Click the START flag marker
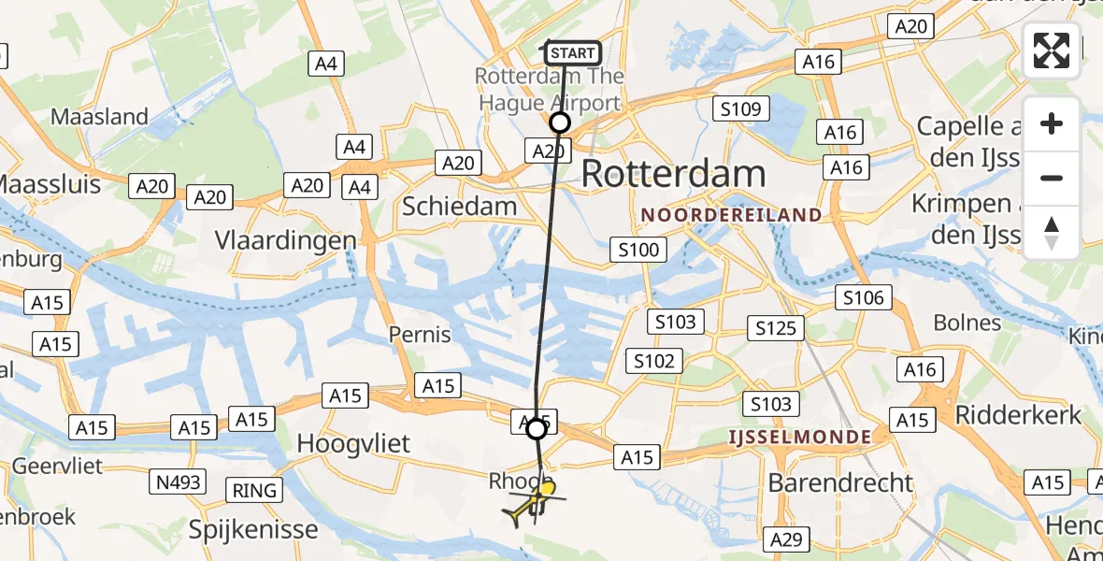point(570,53)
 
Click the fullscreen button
point(1052,50)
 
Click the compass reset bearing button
point(1052,233)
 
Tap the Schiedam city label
point(459,207)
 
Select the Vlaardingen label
point(286,240)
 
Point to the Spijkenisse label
point(253,529)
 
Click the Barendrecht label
point(840,482)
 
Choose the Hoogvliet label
point(353,444)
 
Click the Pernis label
point(421,335)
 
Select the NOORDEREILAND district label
point(732,215)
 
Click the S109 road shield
point(740,108)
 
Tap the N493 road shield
point(179,482)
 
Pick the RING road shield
point(254,490)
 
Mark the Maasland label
point(100,117)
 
